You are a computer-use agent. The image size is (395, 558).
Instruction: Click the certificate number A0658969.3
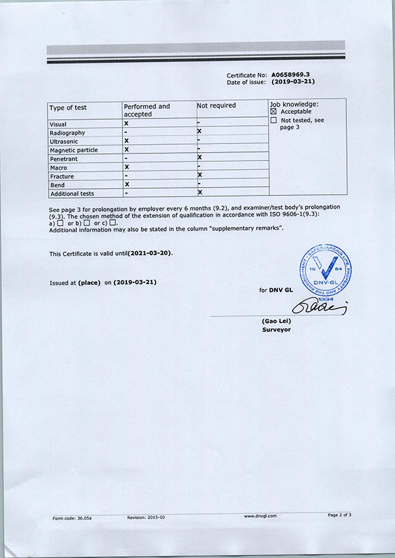(x=290, y=76)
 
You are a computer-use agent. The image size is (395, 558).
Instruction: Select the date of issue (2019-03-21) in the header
(x=292, y=82)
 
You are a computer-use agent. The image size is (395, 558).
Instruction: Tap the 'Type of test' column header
(x=68, y=107)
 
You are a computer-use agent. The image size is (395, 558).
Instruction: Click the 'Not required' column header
(x=216, y=105)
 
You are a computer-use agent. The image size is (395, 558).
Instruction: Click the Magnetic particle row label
(x=74, y=150)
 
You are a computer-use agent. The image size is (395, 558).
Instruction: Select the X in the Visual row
(x=126, y=124)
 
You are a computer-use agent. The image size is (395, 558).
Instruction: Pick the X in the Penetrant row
(x=199, y=158)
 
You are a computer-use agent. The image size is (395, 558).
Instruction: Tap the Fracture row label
(x=62, y=176)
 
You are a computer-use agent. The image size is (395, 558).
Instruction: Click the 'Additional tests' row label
(x=72, y=193)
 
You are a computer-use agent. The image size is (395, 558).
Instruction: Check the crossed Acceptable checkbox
(x=274, y=112)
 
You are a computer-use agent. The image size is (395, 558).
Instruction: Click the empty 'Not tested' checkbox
(x=274, y=120)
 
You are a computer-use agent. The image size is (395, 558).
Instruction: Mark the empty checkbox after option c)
(x=113, y=222)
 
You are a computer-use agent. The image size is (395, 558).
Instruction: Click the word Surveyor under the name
(x=276, y=330)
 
